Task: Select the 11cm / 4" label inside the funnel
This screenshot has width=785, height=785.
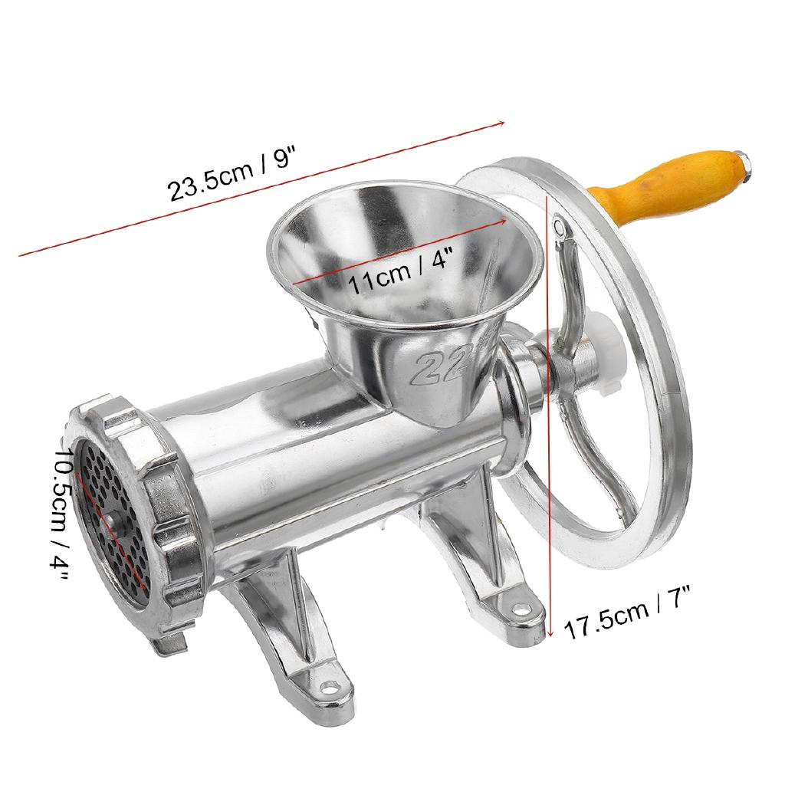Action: (x=401, y=272)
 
